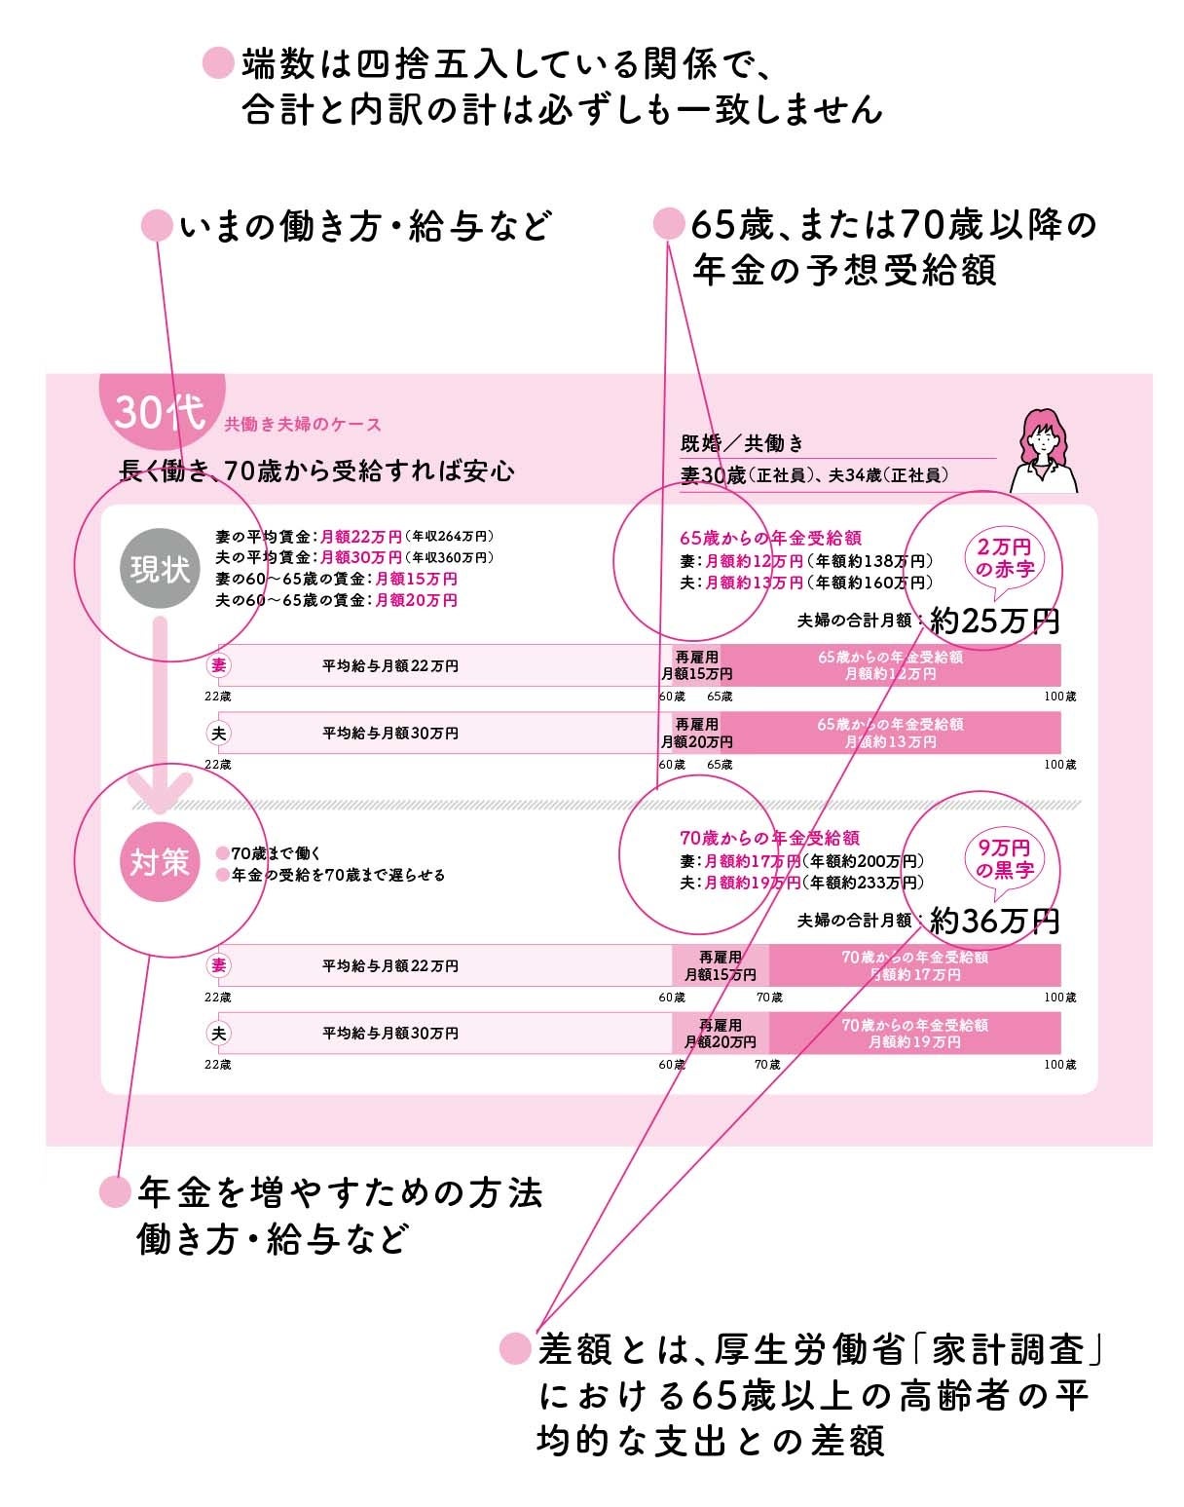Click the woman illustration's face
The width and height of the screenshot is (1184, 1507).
1043,441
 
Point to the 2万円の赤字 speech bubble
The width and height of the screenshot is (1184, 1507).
1004,559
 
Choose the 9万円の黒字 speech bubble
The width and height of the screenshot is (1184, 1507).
1004,859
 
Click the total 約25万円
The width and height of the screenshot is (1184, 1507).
994,621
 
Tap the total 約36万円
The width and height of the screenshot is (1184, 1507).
994,921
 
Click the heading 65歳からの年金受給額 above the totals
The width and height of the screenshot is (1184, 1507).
769,538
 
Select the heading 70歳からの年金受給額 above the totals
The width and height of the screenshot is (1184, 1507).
769,838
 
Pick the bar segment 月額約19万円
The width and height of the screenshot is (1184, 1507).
914,1034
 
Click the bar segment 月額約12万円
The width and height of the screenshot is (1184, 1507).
890,665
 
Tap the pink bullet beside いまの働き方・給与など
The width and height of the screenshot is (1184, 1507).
157,227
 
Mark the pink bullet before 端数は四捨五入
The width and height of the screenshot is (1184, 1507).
217,64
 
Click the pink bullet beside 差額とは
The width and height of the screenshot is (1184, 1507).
515,1349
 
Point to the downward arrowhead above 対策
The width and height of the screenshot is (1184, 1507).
162,794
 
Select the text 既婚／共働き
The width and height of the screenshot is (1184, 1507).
742,444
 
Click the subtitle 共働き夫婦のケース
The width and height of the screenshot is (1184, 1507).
302,425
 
